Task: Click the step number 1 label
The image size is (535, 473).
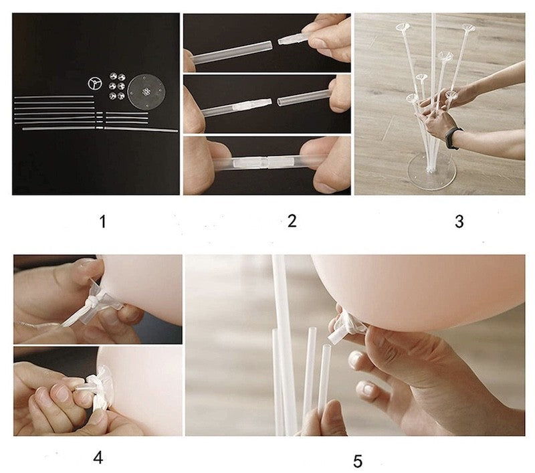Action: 103,222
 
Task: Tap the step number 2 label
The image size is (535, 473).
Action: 292,221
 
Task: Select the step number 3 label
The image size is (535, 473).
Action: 459,221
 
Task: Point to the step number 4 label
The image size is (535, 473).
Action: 98,458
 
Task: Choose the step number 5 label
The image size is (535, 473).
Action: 358,462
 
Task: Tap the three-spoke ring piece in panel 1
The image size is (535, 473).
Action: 94,84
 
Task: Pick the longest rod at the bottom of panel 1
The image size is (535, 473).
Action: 100,128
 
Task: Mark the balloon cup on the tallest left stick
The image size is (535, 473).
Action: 403,27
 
